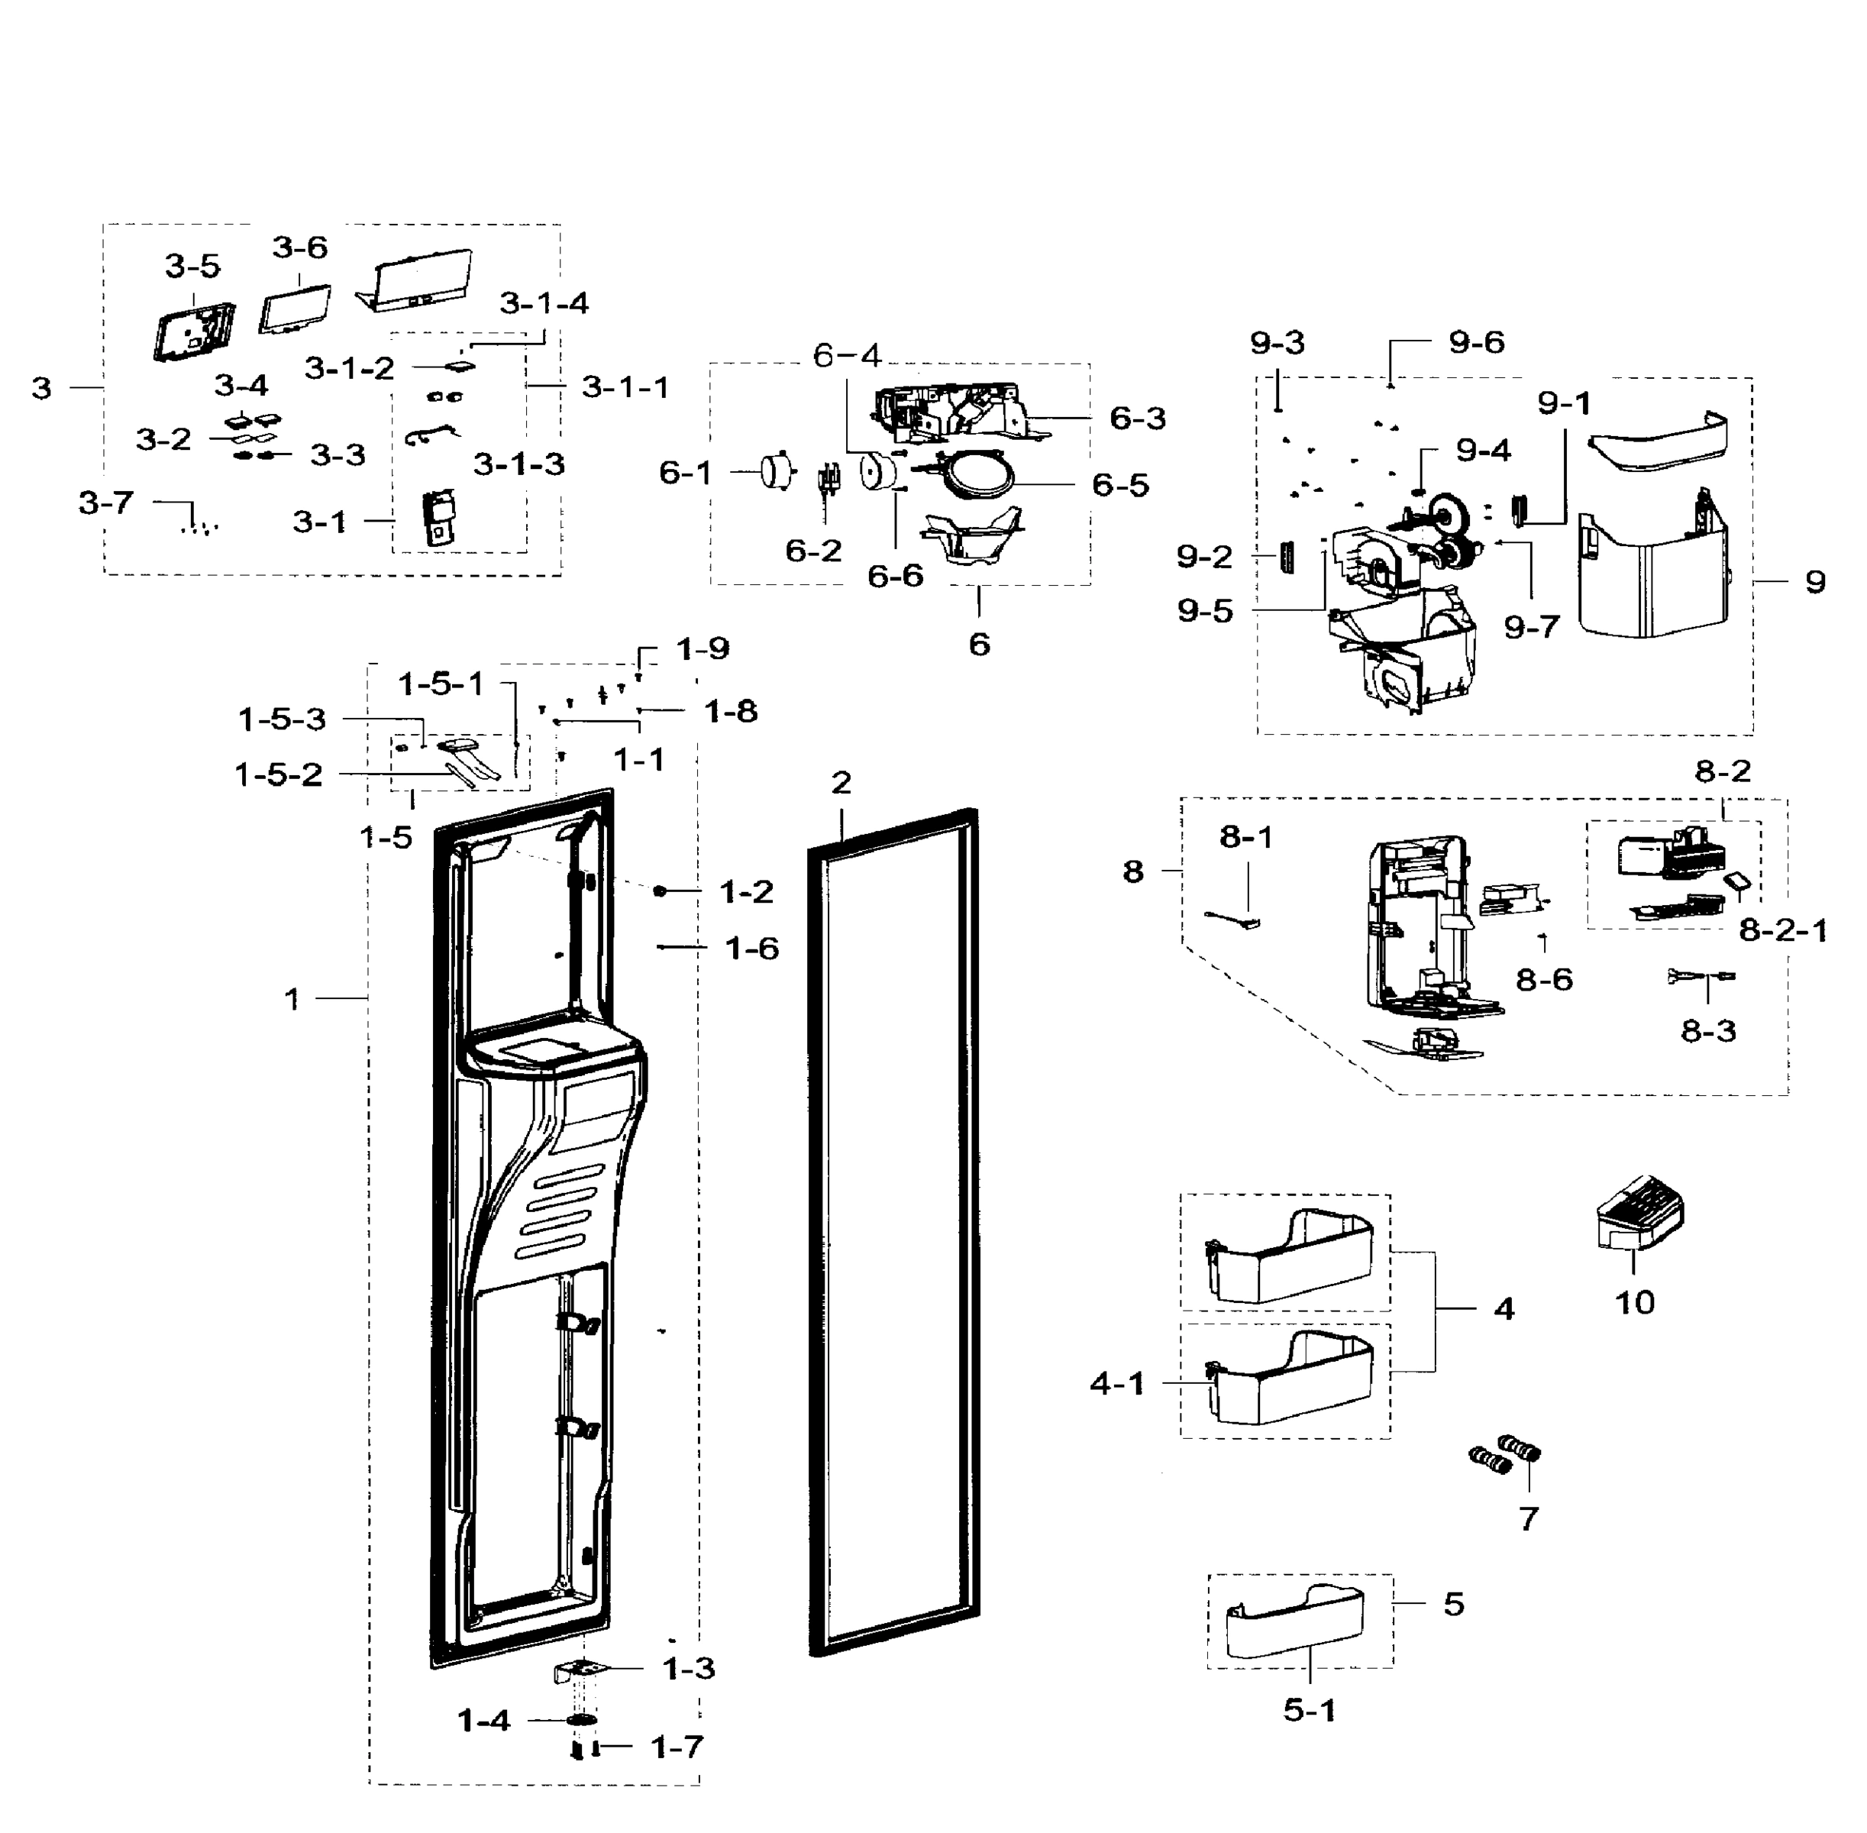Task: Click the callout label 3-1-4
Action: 544,303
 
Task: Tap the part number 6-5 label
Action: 1120,484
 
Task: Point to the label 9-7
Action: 1531,628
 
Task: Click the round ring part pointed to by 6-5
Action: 979,477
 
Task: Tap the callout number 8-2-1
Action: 1782,930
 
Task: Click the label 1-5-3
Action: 282,719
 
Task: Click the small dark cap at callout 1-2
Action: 661,891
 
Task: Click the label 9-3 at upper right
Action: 1277,343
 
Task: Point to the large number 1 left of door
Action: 292,999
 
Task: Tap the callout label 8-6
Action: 1544,980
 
